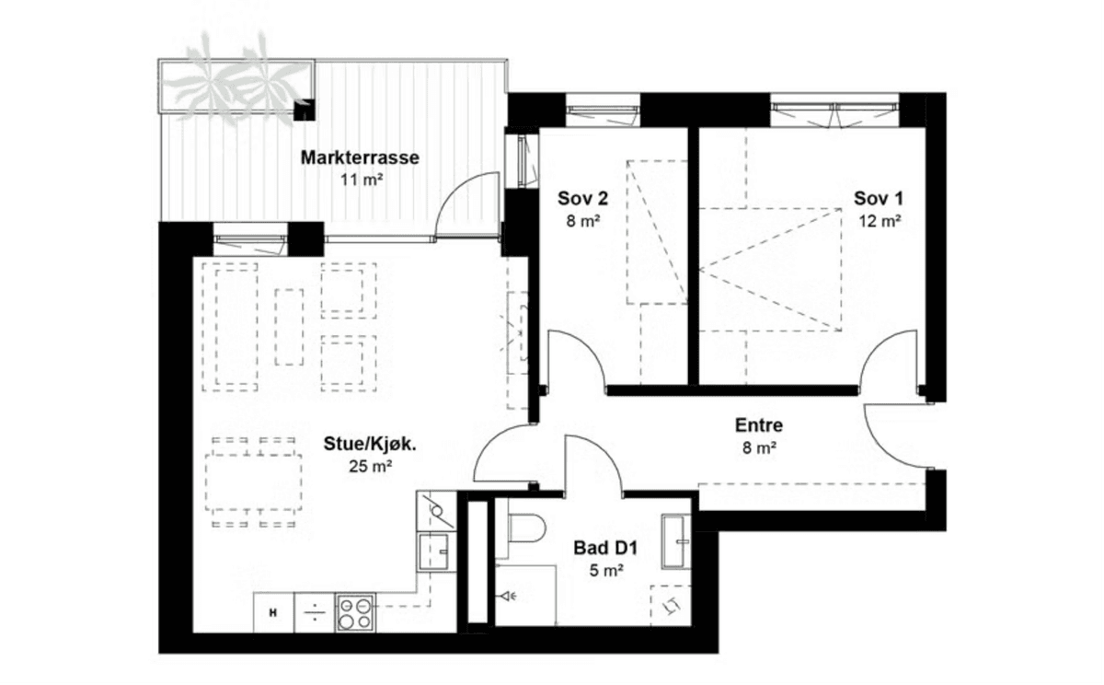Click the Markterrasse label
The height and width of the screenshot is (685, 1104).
click(x=360, y=157)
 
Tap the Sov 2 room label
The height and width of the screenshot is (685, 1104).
click(x=582, y=198)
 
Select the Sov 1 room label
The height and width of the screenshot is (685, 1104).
click(x=879, y=198)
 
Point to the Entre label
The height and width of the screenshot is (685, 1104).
click(x=759, y=425)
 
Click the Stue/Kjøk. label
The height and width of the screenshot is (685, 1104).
click(x=370, y=444)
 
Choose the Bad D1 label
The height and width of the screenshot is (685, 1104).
click(x=605, y=548)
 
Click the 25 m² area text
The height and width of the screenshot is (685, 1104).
click(x=371, y=466)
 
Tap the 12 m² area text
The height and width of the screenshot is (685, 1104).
click(x=880, y=221)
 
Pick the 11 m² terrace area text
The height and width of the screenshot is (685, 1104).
click(x=362, y=180)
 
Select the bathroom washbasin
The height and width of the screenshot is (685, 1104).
click(x=676, y=541)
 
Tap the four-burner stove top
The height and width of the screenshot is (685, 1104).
click(x=355, y=612)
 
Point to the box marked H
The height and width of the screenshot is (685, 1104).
click(x=273, y=612)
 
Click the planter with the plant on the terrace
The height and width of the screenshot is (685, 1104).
click(x=236, y=85)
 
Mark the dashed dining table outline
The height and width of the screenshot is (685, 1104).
click(x=254, y=482)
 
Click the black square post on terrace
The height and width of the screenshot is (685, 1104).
click(x=305, y=110)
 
